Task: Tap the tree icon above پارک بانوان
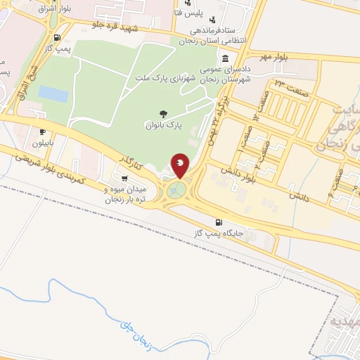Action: click(x=164, y=113)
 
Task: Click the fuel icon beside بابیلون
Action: click(x=42, y=131)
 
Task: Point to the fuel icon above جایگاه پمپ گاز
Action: click(x=220, y=222)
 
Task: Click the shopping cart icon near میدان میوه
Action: click(x=124, y=177)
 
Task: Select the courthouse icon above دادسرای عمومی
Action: click(x=225, y=59)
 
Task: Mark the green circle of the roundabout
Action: click(x=178, y=189)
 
